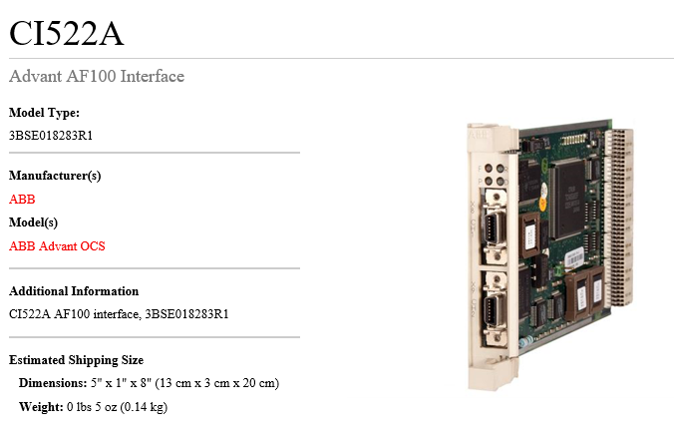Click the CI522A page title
(x=67, y=33)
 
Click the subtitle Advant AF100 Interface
(x=97, y=76)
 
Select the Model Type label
(x=44, y=113)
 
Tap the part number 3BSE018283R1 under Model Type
(x=51, y=136)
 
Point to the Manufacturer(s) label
(x=55, y=176)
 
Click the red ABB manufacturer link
(x=22, y=200)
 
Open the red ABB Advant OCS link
(x=57, y=246)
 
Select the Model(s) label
(x=33, y=222)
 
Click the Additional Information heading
(x=74, y=291)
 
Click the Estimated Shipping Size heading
(x=76, y=360)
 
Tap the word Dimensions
(x=53, y=383)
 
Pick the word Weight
(x=41, y=406)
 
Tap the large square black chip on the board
(x=568, y=200)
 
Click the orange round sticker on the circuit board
(x=543, y=205)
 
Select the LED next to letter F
(x=489, y=169)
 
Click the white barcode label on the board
(x=575, y=258)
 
